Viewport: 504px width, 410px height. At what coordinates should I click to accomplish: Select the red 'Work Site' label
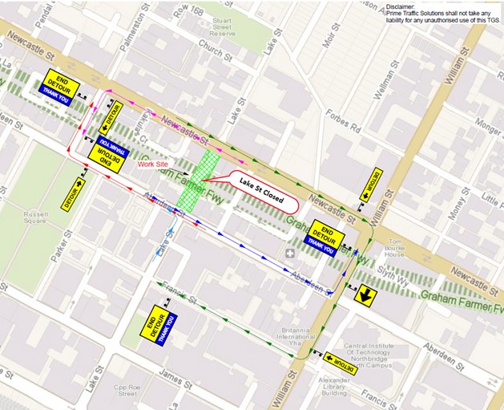154,164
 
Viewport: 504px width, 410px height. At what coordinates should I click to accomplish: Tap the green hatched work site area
196,178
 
